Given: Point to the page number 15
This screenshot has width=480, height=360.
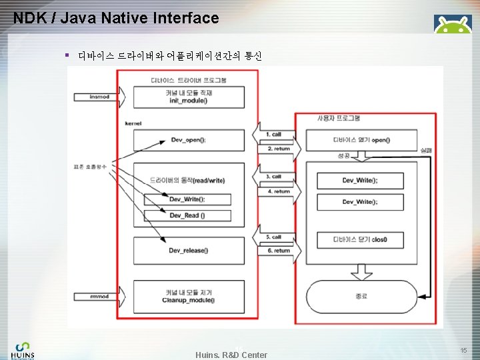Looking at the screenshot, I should [463, 350].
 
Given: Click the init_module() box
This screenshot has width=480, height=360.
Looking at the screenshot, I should [188, 97].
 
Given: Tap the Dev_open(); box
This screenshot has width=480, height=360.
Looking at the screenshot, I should [188, 140].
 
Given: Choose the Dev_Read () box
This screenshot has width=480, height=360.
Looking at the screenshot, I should [187, 215].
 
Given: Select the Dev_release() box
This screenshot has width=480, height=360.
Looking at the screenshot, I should [188, 251].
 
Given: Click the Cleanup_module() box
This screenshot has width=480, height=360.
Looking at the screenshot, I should [188, 297].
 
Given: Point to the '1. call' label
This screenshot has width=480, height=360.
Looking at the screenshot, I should [273, 135].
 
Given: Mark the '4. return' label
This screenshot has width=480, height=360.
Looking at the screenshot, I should [278, 191].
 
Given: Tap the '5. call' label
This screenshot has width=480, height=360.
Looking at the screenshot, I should [273, 237].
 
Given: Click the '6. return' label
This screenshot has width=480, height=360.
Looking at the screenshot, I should [278, 251].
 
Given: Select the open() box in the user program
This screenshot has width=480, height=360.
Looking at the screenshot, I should [361, 140].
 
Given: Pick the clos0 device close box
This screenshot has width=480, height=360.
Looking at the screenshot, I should [361, 239].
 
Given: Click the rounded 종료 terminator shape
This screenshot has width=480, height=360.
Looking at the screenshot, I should [361, 295].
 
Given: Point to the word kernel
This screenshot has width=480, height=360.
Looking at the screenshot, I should [133, 123].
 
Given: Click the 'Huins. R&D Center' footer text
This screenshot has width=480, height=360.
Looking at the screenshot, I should [231, 355].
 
